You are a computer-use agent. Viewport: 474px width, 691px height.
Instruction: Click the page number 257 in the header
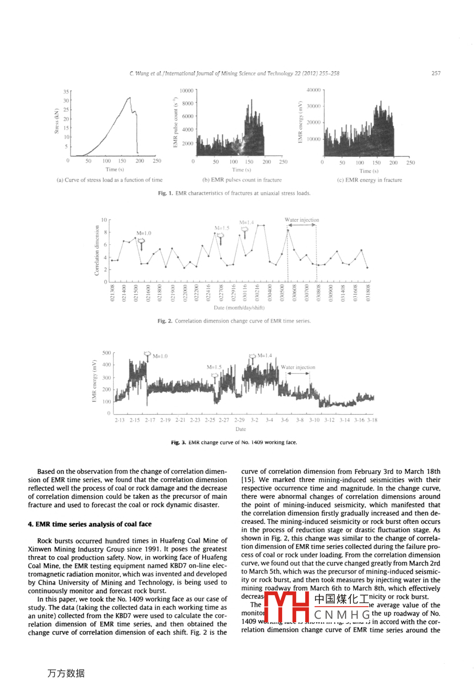click(x=436, y=73)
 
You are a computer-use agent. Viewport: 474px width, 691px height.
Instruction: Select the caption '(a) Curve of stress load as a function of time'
click(x=109, y=180)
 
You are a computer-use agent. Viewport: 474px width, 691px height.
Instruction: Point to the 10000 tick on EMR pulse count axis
click(x=186, y=91)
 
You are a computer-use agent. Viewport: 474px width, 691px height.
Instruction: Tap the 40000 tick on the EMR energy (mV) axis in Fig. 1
click(x=313, y=90)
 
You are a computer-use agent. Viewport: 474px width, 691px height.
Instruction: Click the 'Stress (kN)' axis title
click(x=57, y=121)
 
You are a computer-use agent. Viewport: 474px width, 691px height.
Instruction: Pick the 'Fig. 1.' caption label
click(x=165, y=193)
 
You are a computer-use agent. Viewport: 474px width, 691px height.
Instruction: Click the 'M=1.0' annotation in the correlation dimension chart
click(x=144, y=233)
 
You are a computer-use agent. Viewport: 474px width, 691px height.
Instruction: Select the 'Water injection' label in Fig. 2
click(x=301, y=220)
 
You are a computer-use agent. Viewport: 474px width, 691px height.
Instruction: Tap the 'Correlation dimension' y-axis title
click(x=96, y=251)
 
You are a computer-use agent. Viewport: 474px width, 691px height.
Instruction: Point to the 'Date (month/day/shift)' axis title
click(x=239, y=308)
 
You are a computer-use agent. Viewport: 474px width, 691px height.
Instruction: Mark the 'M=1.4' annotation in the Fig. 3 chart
click(x=265, y=355)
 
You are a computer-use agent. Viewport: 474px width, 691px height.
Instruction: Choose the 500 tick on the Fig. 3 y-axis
click(x=106, y=353)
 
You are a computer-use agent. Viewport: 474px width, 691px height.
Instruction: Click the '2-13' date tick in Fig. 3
click(x=120, y=420)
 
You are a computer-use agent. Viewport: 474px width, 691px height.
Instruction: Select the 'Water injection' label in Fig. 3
click(x=298, y=368)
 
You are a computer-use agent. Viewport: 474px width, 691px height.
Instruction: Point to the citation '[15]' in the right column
click(x=247, y=480)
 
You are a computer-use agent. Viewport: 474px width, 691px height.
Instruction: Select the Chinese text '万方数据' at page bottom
click(x=66, y=673)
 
